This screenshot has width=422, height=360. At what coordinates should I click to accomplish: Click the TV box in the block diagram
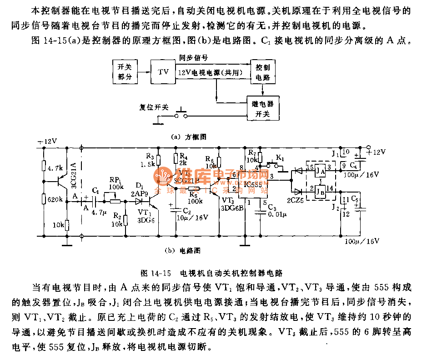pos(163,72)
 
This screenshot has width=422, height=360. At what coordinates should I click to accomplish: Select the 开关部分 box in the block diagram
pos(124,72)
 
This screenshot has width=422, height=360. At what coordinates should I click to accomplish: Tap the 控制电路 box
pos(262,72)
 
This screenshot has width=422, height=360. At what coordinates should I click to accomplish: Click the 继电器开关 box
pos(262,108)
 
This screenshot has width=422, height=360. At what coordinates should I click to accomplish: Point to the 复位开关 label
pos(154,108)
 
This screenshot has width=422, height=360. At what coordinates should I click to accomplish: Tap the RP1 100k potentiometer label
pos(116,183)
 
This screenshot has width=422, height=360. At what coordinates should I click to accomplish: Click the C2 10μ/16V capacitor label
pos(190,213)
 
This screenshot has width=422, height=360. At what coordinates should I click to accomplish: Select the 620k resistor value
pos(55,198)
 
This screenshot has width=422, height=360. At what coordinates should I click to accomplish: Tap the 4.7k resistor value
pos(54,168)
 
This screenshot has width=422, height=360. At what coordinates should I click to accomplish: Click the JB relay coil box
pos(321,191)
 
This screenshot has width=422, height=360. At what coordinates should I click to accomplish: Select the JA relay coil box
pos(321,171)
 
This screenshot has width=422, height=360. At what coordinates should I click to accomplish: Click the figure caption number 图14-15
pos(156,273)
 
